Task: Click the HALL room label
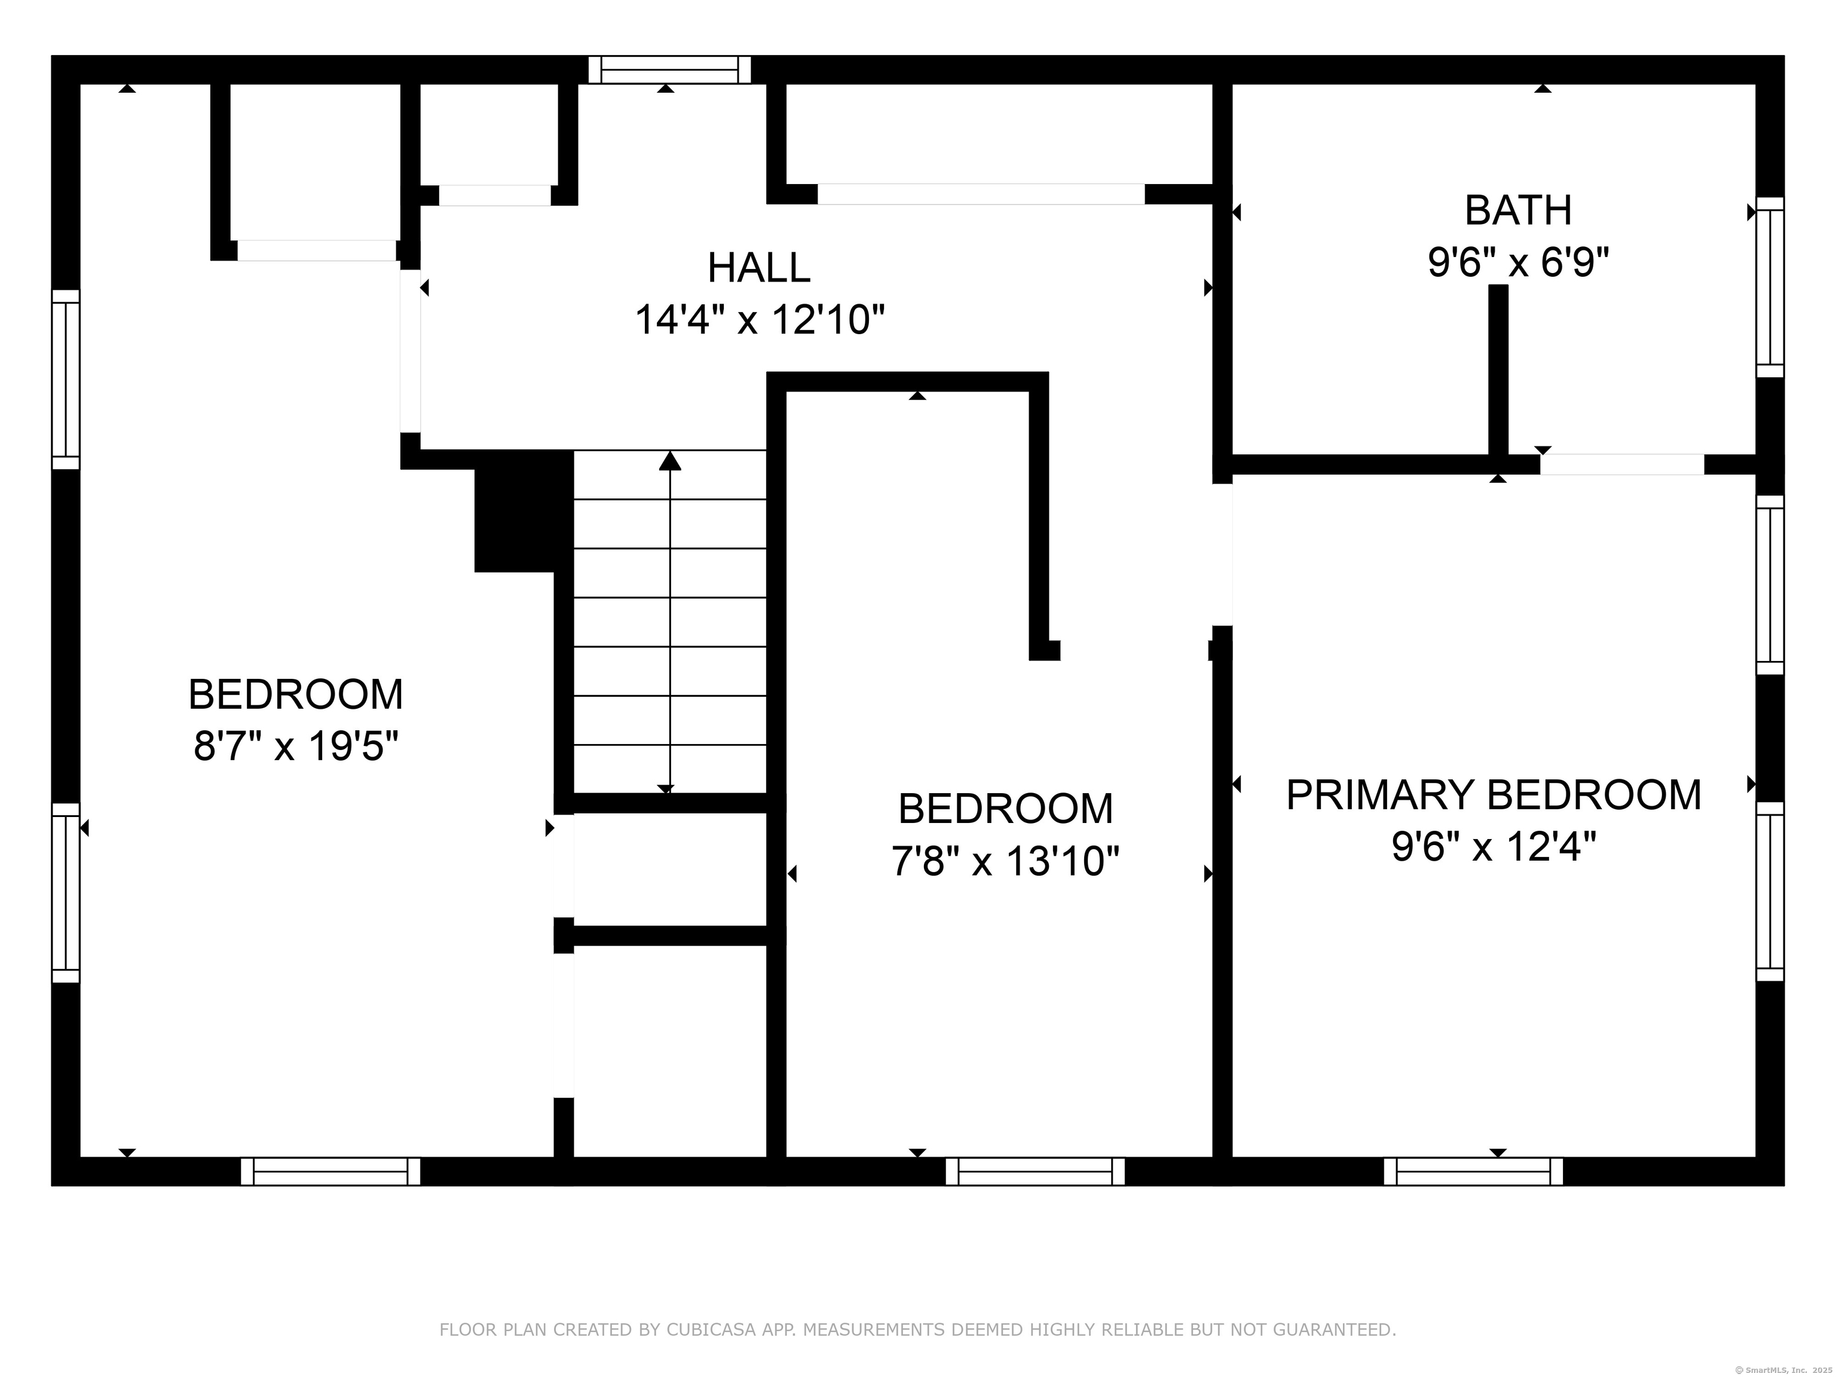tap(758, 267)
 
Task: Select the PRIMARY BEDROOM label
tap(1493, 794)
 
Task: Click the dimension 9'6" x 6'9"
tap(1517, 263)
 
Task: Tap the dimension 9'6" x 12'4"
tap(1493, 847)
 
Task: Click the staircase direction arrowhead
tap(670, 461)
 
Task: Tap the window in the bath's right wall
tap(1770, 287)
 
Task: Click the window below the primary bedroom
tap(1473, 1171)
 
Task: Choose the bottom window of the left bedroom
tap(331, 1171)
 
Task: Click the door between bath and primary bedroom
tap(1622, 465)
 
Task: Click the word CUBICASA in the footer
tap(711, 1330)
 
